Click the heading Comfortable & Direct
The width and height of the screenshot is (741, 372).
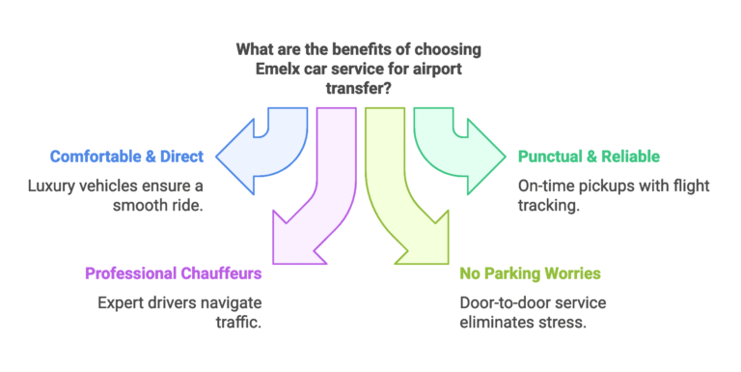click(x=126, y=157)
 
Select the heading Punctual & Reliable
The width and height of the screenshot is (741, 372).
click(x=589, y=157)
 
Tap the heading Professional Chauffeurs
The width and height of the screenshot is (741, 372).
click(x=173, y=273)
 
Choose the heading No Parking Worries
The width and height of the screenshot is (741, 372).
click(x=531, y=273)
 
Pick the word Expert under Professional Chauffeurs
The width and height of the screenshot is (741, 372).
click(x=120, y=302)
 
